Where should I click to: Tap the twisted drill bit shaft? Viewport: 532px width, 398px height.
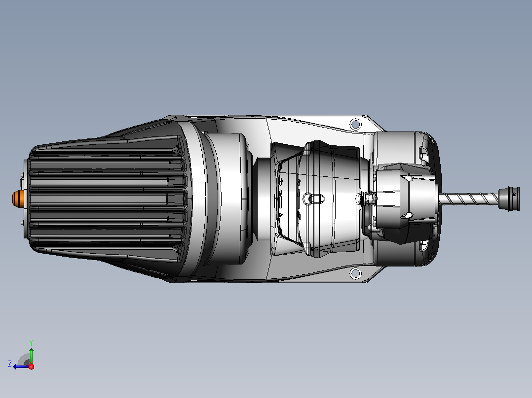click(x=469, y=199)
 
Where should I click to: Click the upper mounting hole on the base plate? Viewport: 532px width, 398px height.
click(x=355, y=124)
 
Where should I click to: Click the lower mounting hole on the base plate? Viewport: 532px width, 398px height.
click(x=355, y=273)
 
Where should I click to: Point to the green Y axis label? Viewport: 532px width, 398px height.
click(x=31, y=342)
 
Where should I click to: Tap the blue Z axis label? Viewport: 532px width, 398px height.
click(x=10, y=364)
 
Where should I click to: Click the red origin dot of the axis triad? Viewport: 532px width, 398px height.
click(x=31, y=366)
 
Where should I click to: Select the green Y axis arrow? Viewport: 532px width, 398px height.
click(x=31, y=356)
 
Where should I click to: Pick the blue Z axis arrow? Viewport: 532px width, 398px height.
click(x=21, y=366)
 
